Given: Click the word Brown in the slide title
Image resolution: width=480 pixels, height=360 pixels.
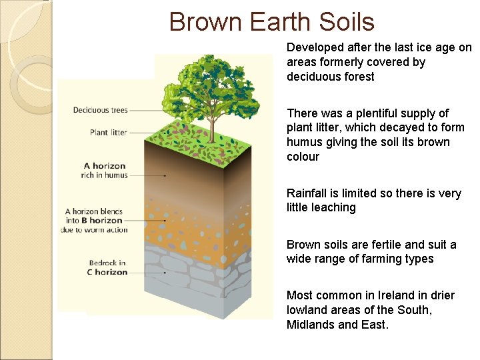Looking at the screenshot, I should coord(206,22).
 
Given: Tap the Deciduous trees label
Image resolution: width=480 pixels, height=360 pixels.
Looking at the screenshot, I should coord(100,110).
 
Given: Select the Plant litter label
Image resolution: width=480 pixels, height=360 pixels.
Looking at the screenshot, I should coord(108,133).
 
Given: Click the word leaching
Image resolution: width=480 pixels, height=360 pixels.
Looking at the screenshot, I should coord(334,207).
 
